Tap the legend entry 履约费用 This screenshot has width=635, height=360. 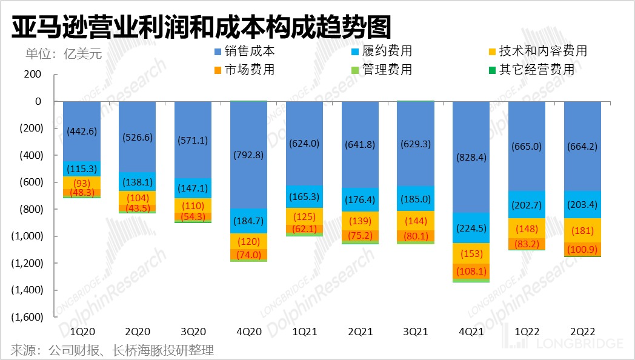386,51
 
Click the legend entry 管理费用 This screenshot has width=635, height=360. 386,70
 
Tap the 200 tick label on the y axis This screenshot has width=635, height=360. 34,75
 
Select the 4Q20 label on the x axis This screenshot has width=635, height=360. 248,332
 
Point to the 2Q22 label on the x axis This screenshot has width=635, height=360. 582,332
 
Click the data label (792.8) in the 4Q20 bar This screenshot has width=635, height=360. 248,155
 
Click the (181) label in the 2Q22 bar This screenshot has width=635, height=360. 582,230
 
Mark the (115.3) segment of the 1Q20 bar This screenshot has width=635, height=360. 82,168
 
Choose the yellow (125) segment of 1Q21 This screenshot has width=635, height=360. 304,216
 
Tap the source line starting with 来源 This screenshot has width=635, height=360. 113,350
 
